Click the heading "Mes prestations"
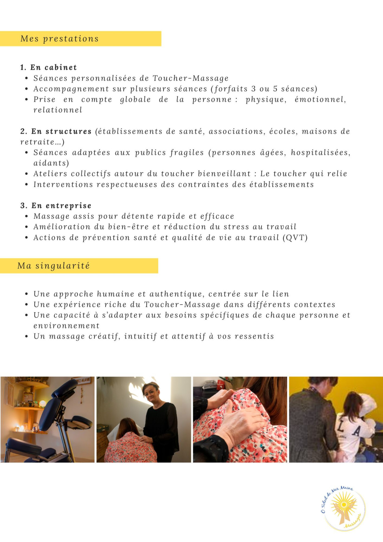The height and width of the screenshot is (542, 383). click(x=59, y=39)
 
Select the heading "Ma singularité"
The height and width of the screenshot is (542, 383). click(x=54, y=266)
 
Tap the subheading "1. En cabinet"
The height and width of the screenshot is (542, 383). click(x=48, y=67)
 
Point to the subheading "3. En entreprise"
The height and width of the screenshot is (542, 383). click(x=56, y=206)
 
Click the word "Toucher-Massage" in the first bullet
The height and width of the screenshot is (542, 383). click(x=191, y=78)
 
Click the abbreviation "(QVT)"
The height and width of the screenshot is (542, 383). click(x=295, y=238)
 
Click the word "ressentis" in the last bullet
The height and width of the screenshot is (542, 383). click(x=254, y=336)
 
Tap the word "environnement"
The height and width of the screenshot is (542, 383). click(x=66, y=326)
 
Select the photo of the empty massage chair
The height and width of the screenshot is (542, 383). click(x=47, y=419)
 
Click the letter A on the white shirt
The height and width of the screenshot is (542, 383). click(x=356, y=431)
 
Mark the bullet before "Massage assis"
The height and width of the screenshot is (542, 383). click(x=27, y=216)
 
